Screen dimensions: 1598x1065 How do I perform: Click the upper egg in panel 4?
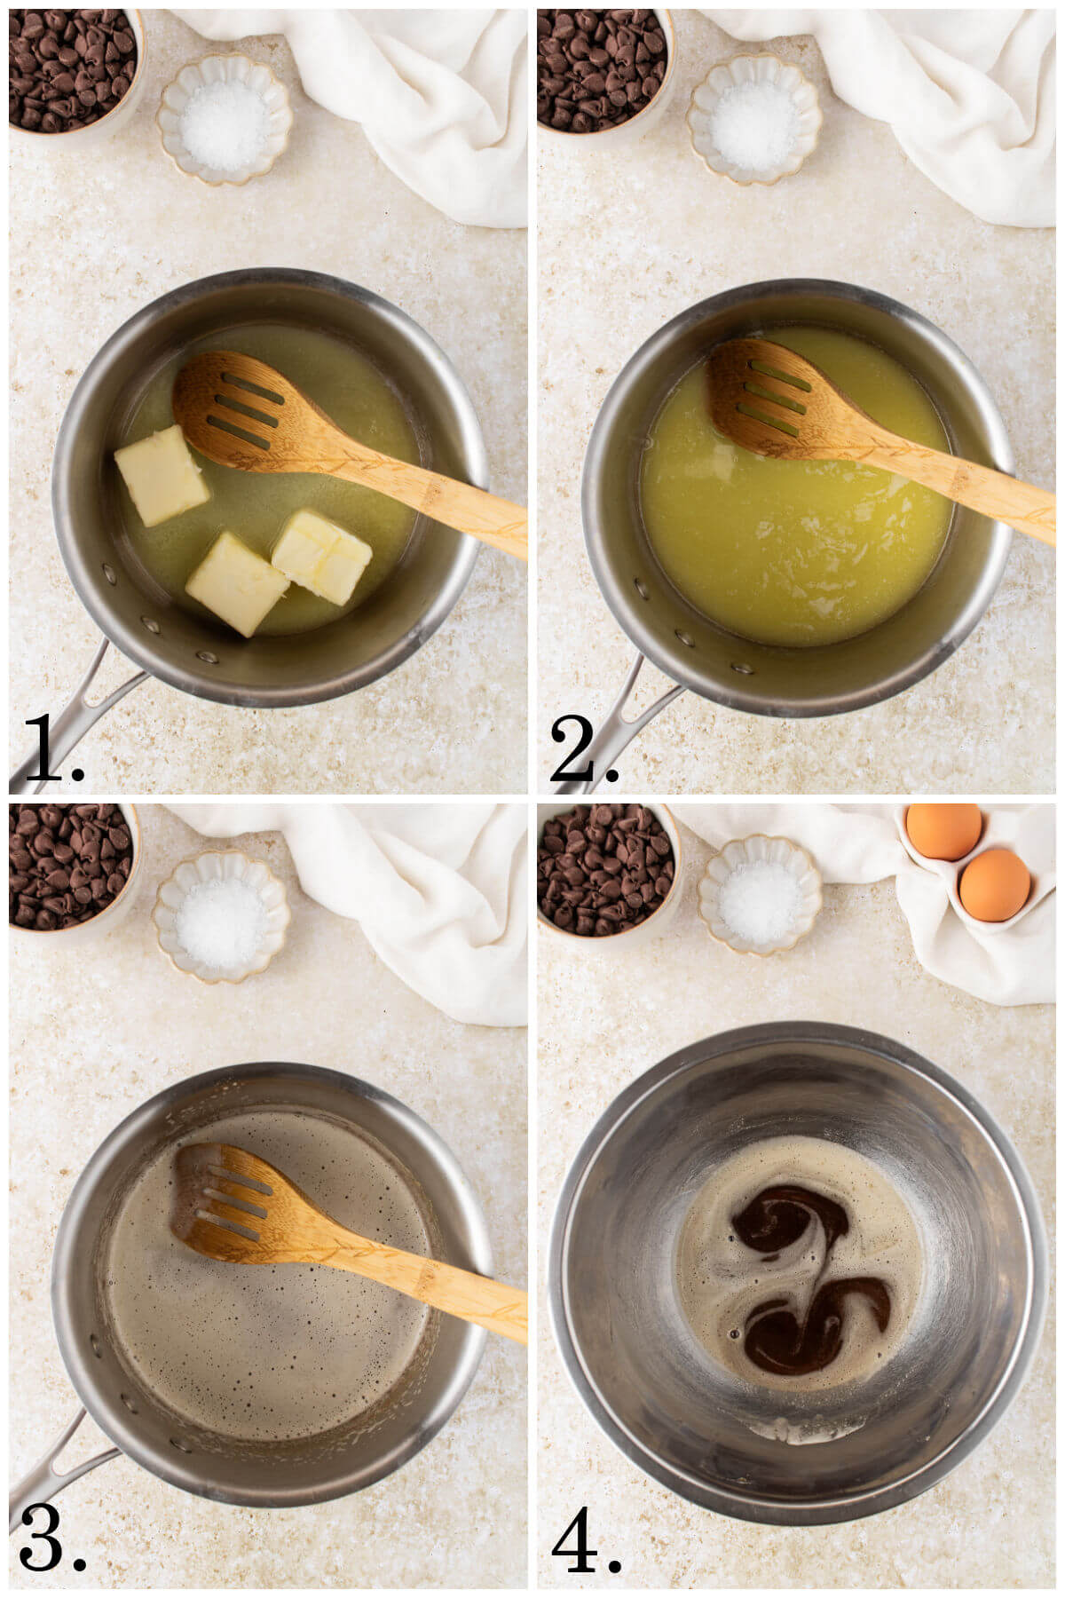pyautogui.click(x=943, y=830)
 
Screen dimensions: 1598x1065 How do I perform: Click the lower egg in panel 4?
pyautogui.click(x=995, y=884)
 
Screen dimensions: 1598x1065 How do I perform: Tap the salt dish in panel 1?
pyautogui.click(x=225, y=119)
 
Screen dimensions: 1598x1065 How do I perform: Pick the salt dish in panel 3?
pyautogui.click(x=221, y=915)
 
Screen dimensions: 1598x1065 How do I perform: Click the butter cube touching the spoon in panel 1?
pyautogui.click(x=162, y=474)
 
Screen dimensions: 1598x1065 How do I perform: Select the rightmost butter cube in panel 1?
pyautogui.click(x=321, y=556)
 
